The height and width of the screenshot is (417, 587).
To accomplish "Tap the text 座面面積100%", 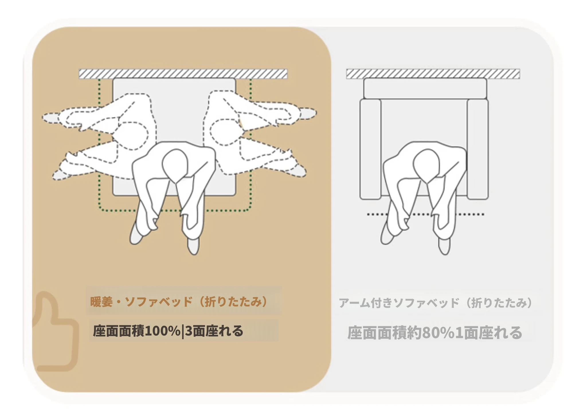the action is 137,331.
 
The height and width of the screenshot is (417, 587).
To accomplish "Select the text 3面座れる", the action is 214,331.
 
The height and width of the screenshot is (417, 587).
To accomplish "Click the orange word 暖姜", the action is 101,302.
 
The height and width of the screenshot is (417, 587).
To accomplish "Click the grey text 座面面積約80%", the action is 401,333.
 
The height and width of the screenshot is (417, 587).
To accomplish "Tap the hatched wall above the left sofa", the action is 183,74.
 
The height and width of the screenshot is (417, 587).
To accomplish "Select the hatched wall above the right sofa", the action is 433,74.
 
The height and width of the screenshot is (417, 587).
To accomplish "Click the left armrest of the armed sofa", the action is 370,149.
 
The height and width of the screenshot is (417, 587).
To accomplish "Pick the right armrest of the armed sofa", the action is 478,149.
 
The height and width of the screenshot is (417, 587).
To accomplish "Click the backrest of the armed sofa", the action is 425,88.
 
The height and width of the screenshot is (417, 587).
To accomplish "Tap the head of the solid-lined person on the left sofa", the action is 175,165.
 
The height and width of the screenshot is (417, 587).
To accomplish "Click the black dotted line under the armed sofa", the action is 426,214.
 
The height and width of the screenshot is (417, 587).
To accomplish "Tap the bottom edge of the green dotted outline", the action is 175,211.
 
